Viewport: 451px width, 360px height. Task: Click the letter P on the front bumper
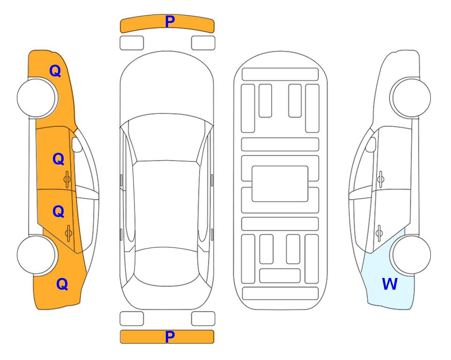point(170,22)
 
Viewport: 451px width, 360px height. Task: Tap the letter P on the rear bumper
point(170,337)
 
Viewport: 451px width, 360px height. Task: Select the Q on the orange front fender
point(55,71)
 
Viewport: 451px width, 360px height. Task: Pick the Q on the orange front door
point(59,159)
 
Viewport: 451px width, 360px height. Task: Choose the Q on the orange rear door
point(59,212)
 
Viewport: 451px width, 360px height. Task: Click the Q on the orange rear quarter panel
point(62,284)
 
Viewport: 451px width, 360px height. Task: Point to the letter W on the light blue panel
point(390,284)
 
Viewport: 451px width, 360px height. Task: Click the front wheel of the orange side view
point(37,98)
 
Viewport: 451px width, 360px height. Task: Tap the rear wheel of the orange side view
point(37,255)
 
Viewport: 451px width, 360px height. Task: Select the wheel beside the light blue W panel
point(411,255)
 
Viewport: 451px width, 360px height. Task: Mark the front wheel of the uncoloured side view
point(411,98)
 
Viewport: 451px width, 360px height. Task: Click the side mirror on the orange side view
point(77,144)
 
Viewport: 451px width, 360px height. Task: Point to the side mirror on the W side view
point(371,144)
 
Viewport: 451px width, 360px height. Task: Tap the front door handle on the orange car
point(67,180)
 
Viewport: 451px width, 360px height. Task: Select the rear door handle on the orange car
point(68,233)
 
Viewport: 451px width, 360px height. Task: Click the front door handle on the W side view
point(381,179)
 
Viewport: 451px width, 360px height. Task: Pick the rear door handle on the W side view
point(379,233)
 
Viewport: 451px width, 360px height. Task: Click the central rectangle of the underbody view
point(280,184)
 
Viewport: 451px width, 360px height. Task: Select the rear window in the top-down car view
point(166,266)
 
